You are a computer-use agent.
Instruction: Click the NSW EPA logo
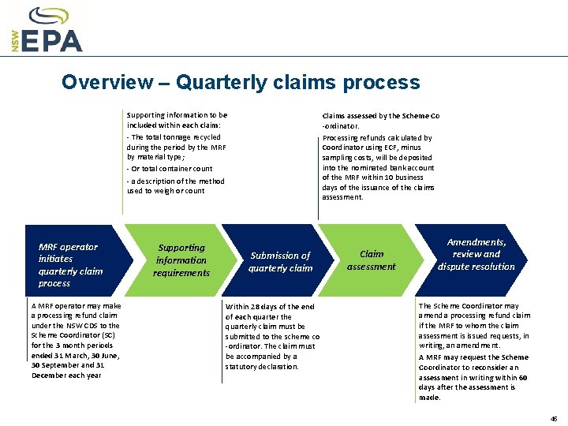[47, 30]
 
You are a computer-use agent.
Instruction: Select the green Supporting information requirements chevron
[182, 260]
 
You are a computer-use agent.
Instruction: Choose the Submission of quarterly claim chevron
[280, 261]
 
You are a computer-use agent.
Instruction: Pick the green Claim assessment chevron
[371, 260]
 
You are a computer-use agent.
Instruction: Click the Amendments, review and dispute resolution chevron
[476, 254]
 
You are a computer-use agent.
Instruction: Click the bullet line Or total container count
[170, 169]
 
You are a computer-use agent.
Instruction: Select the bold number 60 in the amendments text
[523, 378]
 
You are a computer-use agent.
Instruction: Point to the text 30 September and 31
[68, 365]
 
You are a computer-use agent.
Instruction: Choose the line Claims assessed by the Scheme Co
[380, 116]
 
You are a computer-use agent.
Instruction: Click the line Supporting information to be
[177, 115]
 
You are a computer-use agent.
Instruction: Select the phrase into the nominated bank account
[377, 167]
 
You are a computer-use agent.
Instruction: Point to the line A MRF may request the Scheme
[473, 357]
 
